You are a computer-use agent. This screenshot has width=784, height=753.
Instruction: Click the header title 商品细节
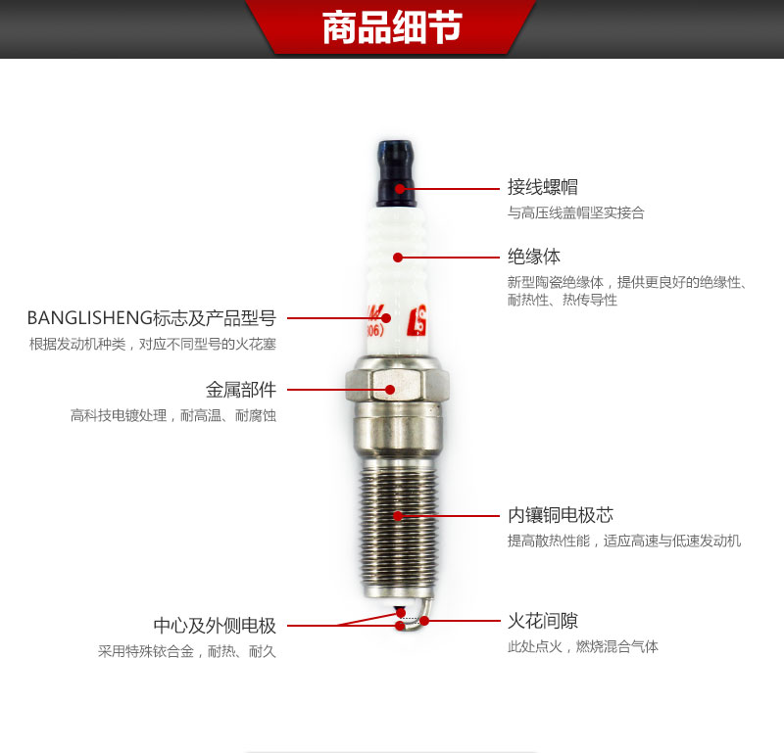392,27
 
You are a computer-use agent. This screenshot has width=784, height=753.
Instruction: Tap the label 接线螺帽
543,187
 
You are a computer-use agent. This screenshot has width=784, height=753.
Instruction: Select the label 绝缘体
534,257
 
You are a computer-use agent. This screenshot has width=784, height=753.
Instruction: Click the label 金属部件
241,390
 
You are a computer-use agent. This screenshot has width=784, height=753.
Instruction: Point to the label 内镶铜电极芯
561,515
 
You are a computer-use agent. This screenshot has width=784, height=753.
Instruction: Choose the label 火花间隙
543,621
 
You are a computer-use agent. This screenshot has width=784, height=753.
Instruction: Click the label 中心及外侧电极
215,626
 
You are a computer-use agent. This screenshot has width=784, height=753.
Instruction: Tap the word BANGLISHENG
90,318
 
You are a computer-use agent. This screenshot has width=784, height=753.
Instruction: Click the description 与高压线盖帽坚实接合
576,212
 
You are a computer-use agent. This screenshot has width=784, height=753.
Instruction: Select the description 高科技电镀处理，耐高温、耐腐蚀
173,416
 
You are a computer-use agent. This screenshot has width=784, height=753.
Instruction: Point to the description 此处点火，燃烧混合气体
583,646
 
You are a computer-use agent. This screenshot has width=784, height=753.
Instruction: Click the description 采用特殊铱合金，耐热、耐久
187,651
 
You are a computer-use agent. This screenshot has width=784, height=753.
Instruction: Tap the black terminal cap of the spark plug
396,173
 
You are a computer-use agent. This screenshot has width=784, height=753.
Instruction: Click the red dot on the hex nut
390,390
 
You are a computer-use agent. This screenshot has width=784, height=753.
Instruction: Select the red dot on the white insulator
398,258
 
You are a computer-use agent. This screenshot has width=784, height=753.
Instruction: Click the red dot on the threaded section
398,516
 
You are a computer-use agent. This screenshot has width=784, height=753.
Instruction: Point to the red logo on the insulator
417,321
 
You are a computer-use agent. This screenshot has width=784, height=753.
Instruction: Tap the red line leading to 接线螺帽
450,189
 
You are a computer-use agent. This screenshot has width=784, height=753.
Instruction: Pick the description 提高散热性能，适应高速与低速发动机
624,541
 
